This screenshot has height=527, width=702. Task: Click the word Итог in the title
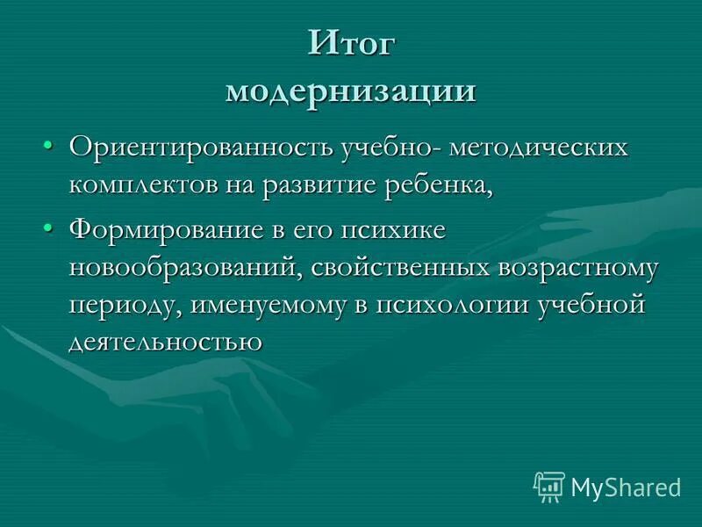tap(351, 46)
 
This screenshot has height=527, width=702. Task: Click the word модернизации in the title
tap(351, 91)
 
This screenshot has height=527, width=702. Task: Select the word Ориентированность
tap(197, 148)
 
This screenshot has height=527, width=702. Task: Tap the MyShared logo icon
tap(549, 486)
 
